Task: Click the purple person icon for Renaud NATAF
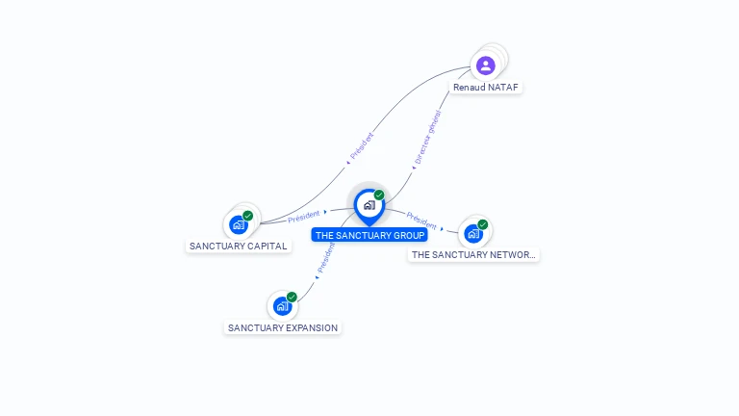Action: click(486, 65)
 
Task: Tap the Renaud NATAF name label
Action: click(486, 88)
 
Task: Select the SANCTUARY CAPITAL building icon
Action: click(239, 225)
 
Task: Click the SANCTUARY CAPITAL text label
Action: click(238, 247)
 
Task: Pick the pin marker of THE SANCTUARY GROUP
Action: click(369, 205)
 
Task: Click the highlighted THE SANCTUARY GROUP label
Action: click(369, 236)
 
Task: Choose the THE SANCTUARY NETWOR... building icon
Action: click(472, 233)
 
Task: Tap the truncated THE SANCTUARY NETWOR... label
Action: click(473, 255)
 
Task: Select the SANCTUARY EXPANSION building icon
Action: click(282, 306)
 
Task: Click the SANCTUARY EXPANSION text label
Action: click(283, 328)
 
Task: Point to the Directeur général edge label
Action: click(426, 143)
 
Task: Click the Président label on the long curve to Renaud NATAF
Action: click(361, 146)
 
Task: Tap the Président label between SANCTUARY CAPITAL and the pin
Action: click(304, 216)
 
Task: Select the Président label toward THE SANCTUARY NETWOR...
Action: click(421, 220)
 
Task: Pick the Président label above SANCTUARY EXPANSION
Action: click(326, 257)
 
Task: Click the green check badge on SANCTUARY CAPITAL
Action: click(248, 216)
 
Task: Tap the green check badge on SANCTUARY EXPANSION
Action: click(292, 297)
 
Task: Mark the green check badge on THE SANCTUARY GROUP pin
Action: click(379, 195)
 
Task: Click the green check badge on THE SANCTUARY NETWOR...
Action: click(482, 224)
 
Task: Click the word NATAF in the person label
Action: click(502, 88)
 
